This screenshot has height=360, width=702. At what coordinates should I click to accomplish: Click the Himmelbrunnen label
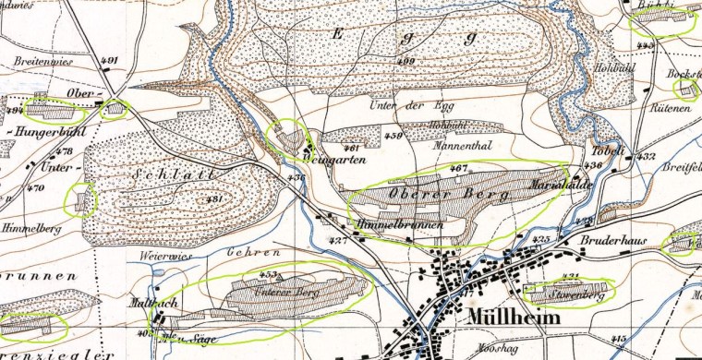399,225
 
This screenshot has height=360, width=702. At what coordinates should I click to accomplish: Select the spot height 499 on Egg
405,61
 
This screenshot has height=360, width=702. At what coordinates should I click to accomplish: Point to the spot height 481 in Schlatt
215,198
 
